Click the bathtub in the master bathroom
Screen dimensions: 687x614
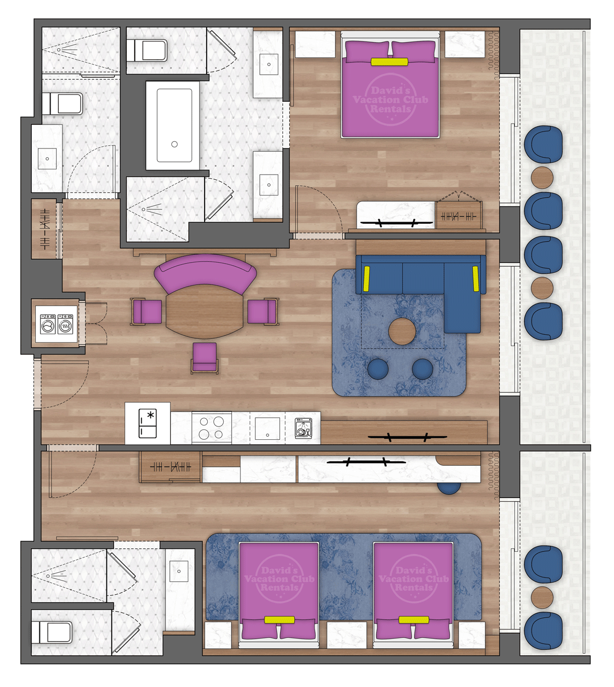tap(174, 125)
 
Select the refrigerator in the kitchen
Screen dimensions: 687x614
tap(148, 424)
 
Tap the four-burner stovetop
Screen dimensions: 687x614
tap(211, 428)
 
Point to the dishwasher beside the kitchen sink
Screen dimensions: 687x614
tap(303, 428)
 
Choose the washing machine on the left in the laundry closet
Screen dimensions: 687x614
tap(48, 324)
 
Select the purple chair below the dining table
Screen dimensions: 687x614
tap(205, 357)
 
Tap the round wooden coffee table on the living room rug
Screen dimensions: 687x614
tap(402, 331)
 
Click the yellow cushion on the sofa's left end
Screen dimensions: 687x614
tap(366, 278)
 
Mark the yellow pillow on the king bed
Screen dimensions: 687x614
tap(389, 62)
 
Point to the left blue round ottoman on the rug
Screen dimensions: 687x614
tap(378, 369)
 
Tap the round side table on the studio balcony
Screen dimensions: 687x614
tap(542, 597)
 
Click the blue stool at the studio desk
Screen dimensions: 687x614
tap(449, 488)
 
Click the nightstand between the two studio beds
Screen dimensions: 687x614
tap(346, 635)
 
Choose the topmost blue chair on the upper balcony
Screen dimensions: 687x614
tap(543, 144)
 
